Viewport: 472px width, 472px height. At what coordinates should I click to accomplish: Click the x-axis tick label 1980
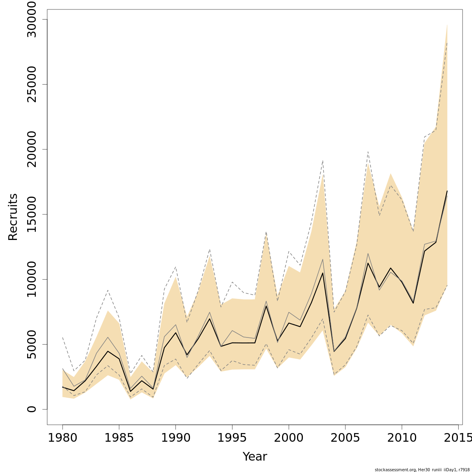(62, 438)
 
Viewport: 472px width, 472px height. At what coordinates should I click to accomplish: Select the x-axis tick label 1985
(119, 438)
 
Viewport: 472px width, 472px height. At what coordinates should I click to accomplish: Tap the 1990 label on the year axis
(175, 438)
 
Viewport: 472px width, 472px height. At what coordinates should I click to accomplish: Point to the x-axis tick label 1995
(232, 438)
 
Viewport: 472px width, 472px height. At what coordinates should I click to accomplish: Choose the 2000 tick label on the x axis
(289, 438)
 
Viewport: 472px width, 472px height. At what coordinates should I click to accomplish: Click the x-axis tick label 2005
(345, 438)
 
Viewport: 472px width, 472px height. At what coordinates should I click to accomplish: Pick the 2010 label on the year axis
(402, 438)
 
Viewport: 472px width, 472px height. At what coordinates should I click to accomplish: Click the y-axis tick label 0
(31, 409)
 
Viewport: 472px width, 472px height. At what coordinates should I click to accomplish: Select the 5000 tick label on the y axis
(31, 344)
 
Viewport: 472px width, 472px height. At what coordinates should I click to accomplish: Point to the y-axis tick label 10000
(31, 279)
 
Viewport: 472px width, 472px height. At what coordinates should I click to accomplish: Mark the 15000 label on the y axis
(31, 214)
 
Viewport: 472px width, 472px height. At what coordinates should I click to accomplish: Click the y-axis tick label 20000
(31, 149)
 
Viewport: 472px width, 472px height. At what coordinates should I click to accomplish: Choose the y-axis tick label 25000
(31, 85)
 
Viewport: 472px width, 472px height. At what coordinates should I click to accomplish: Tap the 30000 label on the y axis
(31, 20)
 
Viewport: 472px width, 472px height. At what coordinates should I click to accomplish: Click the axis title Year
(254, 457)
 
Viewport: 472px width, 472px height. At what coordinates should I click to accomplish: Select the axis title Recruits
(13, 217)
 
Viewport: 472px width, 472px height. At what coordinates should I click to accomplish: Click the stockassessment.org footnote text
(422, 470)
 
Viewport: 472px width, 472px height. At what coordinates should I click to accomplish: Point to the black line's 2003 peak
(323, 273)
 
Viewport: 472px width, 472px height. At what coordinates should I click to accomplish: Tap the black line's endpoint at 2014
(447, 191)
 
